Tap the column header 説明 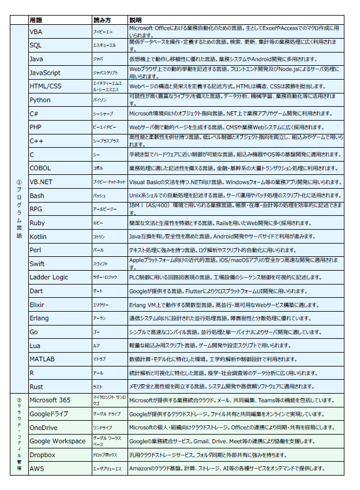[136, 20]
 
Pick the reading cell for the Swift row [109, 264]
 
